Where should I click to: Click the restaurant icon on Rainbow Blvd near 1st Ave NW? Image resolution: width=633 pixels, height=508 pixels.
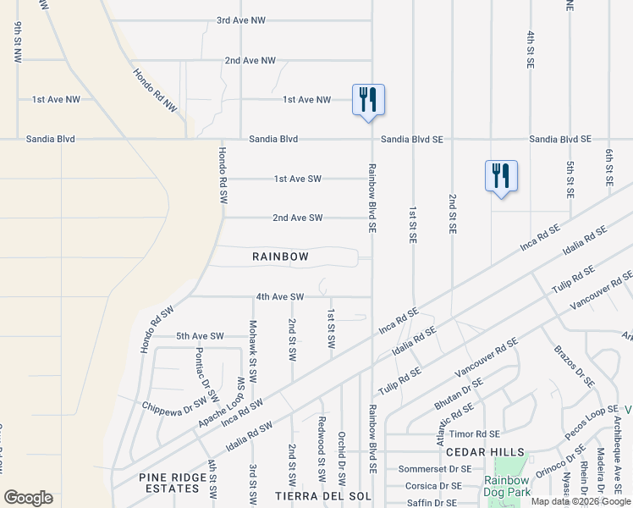(368, 100)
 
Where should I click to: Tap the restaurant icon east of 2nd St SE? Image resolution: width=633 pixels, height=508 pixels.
(501, 176)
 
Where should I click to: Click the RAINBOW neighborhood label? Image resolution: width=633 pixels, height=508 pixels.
(280, 257)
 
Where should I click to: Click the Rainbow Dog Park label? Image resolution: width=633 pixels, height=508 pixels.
(507, 486)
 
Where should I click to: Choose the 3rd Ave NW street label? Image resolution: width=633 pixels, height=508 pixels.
(240, 20)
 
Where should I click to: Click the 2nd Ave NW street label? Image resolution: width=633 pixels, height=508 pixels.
(250, 61)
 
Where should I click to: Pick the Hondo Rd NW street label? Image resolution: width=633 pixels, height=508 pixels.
(156, 91)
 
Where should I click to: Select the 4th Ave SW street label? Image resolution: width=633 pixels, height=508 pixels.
(279, 297)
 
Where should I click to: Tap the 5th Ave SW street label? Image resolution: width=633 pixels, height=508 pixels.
(200, 336)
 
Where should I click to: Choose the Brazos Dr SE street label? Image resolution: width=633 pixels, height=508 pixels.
(574, 367)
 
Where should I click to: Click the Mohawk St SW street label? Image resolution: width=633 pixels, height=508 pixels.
(252, 349)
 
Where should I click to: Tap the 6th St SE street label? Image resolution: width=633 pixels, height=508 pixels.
(608, 167)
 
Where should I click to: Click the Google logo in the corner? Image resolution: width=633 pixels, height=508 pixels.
(28, 498)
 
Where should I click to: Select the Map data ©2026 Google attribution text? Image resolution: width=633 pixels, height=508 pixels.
(580, 501)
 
